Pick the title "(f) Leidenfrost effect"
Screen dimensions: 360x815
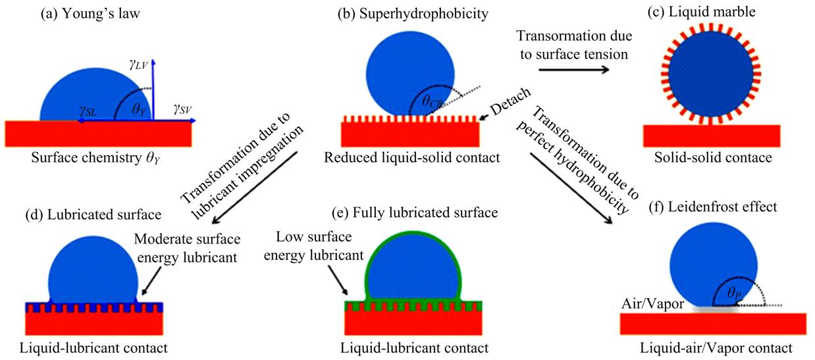point(720,207)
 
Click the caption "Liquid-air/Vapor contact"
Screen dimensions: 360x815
point(717,347)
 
